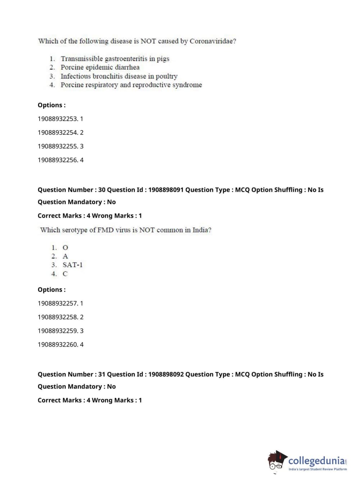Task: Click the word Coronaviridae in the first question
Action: tap(213, 41)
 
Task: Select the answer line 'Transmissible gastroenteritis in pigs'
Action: tap(115, 59)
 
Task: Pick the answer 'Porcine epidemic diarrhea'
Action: tap(100, 67)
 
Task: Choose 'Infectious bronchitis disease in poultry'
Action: tap(119, 76)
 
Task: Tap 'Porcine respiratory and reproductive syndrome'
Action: tap(131, 85)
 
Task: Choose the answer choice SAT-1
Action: tap(72, 265)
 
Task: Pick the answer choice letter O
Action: tap(65, 248)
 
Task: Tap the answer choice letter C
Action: tap(65, 274)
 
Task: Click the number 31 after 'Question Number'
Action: tap(102, 374)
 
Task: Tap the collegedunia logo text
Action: tap(316, 460)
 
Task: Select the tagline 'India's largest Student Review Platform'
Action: tap(318, 469)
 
